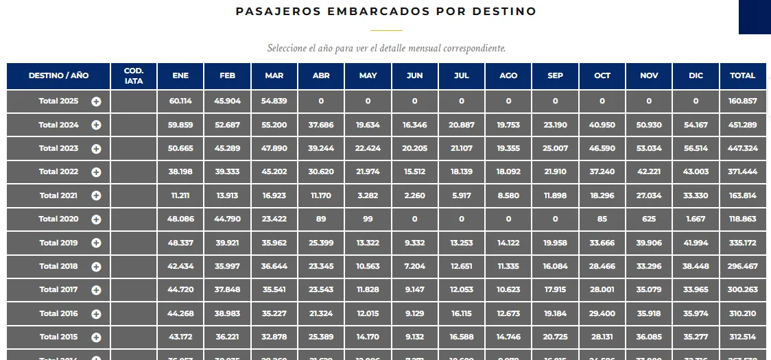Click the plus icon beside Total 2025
96,101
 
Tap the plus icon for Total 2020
96,219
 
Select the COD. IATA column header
134,75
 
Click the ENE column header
180,75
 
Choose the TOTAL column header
742,75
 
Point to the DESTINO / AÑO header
58,75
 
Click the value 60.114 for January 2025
180,101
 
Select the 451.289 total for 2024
742,125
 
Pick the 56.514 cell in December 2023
696,148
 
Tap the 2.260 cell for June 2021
414,195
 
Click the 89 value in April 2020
321,219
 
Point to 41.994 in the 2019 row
696,243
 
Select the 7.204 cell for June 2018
414,266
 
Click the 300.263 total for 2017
742,289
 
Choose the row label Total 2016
58,313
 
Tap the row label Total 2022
58,171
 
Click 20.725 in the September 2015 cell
555,337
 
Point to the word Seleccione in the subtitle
287,49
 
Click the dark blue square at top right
755,16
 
